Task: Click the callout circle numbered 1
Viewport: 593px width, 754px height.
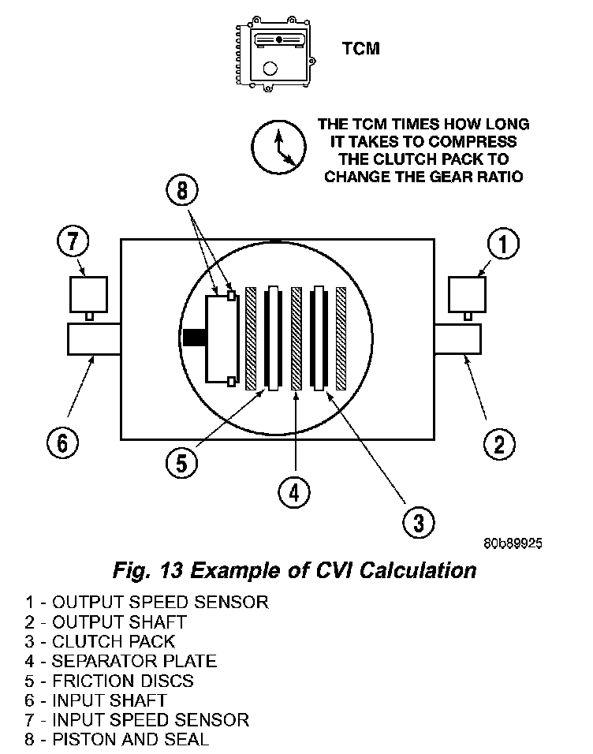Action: pyautogui.click(x=503, y=244)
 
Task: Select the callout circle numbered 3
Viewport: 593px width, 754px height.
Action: pyautogui.click(x=418, y=521)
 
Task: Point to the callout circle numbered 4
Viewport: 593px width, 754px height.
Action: pyautogui.click(x=294, y=493)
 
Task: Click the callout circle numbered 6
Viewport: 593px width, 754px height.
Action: pyautogui.click(x=62, y=442)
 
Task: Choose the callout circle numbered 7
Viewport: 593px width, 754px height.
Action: pyautogui.click(x=73, y=242)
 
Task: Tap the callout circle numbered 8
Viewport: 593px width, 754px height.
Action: pyautogui.click(x=183, y=190)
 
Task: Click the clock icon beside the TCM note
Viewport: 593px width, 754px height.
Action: pyautogui.click(x=277, y=146)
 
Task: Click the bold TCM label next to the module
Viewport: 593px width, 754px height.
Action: pyautogui.click(x=361, y=49)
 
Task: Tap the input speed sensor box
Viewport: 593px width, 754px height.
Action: pyautogui.click(x=88, y=293)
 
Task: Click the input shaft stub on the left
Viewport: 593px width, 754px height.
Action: pyautogui.click(x=93, y=339)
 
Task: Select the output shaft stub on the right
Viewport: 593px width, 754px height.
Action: pyautogui.click(x=458, y=339)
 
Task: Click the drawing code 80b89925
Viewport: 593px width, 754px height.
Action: pyautogui.click(x=513, y=544)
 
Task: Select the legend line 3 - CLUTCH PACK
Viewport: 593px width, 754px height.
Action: pyautogui.click(x=100, y=641)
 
